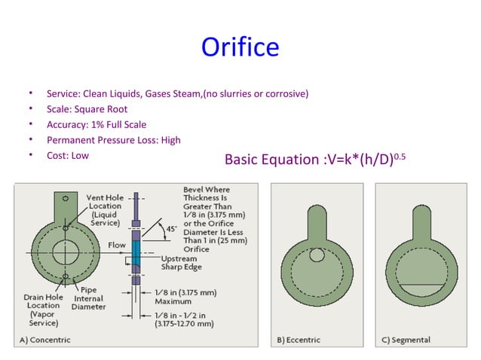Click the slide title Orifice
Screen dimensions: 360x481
240,48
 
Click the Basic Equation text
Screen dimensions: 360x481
320,159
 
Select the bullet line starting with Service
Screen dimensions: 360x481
177,94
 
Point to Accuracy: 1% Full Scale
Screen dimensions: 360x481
97,124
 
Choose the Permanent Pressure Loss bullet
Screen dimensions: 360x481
113,139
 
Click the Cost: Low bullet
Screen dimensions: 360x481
68,154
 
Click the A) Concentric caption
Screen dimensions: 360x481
44,340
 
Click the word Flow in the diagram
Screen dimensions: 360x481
117,245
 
